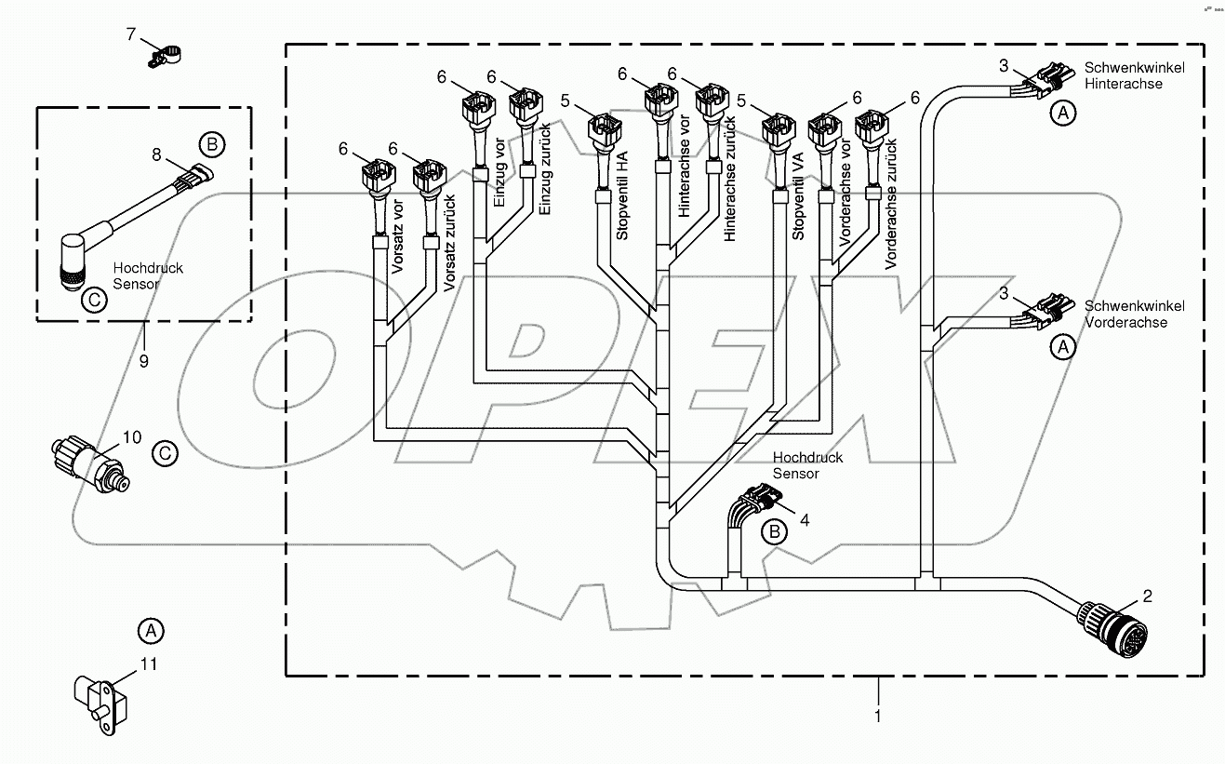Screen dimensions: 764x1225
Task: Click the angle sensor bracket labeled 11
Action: click(x=96, y=700)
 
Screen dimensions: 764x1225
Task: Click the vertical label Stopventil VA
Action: click(x=797, y=204)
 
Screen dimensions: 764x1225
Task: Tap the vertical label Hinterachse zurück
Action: click(x=730, y=179)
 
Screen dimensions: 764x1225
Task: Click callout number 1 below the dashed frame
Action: click(x=876, y=716)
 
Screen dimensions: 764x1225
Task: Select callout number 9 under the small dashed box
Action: click(x=143, y=360)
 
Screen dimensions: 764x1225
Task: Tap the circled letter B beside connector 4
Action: click(x=773, y=532)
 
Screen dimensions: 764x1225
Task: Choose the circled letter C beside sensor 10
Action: click(x=164, y=453)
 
